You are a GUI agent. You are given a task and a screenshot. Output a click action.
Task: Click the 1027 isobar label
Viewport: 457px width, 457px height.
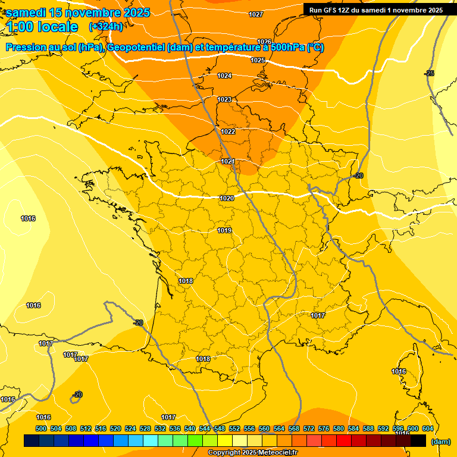pyautogui.click(x=256, y=14)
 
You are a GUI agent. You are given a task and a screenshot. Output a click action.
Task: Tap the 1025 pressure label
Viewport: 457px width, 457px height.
pyautogui.click(x=258, y=60)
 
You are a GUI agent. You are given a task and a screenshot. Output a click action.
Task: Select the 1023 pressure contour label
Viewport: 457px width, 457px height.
pyautogui.click(x=224, y=99)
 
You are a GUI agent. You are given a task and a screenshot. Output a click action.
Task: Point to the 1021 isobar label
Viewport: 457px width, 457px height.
pyautogui.click(x=228, y=161)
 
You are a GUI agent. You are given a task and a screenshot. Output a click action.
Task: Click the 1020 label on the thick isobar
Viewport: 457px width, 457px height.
pyautogui.click(x=226, y=198)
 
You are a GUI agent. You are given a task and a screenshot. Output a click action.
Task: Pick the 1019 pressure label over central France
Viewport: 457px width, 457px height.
pyautogui.click(x=224, y=230)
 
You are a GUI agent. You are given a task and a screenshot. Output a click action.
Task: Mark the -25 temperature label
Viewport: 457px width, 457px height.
pyautogui.click(x=429, y=73)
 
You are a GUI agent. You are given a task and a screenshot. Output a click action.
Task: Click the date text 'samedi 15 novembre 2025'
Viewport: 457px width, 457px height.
pyautogui.click(x=78, y=12)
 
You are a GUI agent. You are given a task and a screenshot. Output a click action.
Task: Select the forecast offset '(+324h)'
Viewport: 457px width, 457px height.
pyautogui.click(x=106, y=27)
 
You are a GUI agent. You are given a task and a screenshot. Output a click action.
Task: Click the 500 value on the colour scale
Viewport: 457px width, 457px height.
pyautogui.click(x=41, y=428)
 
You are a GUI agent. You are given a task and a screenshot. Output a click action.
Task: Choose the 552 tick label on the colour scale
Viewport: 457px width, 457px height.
pyautogui.click(x=234, y=428)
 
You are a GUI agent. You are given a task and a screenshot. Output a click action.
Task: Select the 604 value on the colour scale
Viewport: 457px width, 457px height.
pyautogui.click(x=427, y=428)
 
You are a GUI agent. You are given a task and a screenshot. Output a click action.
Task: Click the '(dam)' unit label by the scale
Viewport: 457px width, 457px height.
pyautogui.click(x=440, y=442)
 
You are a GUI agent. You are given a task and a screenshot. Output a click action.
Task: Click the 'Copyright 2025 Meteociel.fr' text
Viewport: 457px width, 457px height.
pyautogui.click(x=252, y=453)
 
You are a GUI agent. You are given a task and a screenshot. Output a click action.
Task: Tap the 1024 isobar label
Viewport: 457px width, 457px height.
pyautogui.click(x=224, y=76)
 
